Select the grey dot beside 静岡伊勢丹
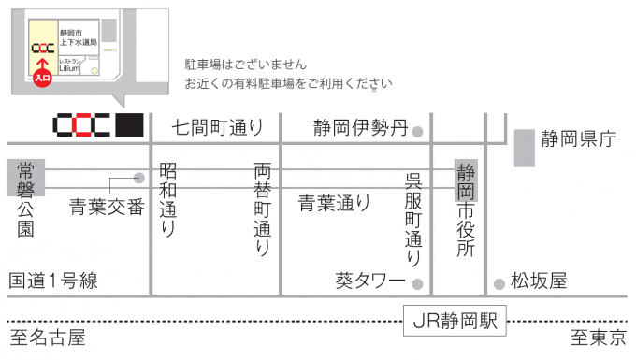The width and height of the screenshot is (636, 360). (418, 131)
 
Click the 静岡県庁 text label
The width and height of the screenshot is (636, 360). (578, 140)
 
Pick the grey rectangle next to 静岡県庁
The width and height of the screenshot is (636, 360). (524, 148)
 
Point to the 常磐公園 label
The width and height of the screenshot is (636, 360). (25, 198)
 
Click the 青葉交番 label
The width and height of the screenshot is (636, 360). (108, 207)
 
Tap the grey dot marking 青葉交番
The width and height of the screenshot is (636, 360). (139, 177)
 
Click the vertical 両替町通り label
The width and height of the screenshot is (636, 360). (263, 210)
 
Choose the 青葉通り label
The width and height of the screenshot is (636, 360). (334, 202)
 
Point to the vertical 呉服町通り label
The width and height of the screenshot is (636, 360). (412, 219)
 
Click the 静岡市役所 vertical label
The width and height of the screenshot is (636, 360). (466, 209)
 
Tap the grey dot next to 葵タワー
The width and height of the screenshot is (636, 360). (418, 283)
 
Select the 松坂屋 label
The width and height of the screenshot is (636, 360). (538, 281)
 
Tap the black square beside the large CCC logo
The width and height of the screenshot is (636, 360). (130, 125)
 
